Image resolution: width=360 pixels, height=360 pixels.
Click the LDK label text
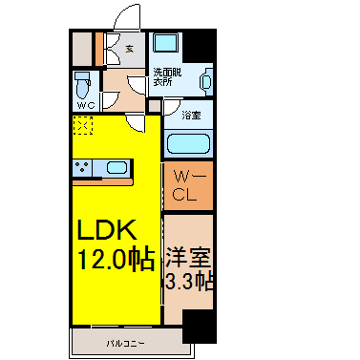(x=109, y=230)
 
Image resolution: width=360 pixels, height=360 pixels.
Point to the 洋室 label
(x=187, y=256)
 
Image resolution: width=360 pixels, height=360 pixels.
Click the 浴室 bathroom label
(x=191, y=116)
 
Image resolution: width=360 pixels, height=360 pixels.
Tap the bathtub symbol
(x=188, y=144)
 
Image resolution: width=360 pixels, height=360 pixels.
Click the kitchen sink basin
(x=116, y=169)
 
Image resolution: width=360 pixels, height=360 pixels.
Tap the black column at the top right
(x=199, y=45)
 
